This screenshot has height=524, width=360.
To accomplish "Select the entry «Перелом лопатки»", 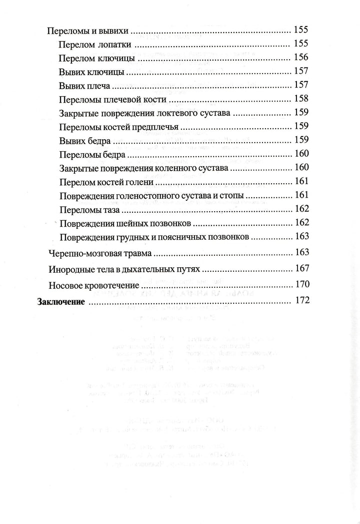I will tap(95, 45).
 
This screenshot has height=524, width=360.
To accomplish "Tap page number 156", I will tap(302, 58).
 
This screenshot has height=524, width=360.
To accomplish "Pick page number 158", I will tap(302, 98).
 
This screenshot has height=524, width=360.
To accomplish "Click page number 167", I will tap(302, 268).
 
